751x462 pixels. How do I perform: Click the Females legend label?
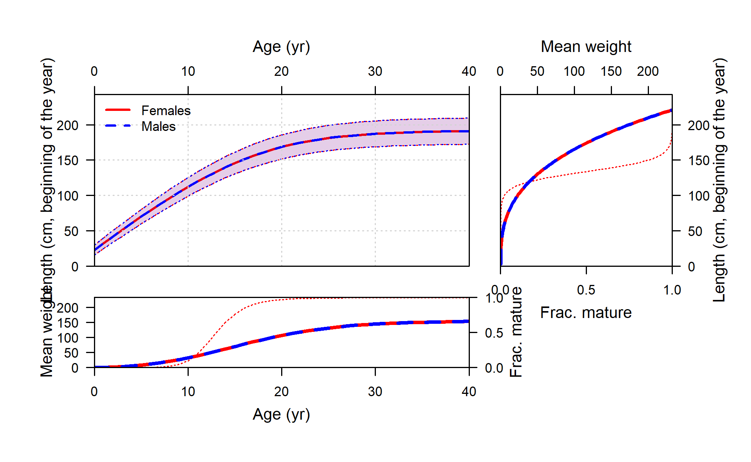pos(166,111)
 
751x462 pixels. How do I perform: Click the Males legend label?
pos(158,127)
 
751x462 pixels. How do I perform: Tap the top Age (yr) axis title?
pos(281,47)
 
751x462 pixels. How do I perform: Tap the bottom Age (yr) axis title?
pos(281,415)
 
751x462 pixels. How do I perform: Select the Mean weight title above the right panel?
pos(586,47)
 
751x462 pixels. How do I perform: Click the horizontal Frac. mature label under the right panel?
pos(586,313)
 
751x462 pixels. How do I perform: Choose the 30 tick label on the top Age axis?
pos(375,72)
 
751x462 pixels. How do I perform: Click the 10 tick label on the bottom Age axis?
pos(188,392)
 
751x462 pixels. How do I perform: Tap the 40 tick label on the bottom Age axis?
pos(469,392)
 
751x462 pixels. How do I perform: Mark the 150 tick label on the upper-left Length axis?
pos(68,161)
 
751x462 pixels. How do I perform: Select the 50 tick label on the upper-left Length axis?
pos(71,231)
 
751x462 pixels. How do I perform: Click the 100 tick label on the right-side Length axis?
pos(699,196)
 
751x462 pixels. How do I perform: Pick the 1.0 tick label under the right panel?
pos(672,290)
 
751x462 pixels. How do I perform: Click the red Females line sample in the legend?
pos(118,110)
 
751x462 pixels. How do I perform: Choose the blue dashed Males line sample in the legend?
pos(118,126)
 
